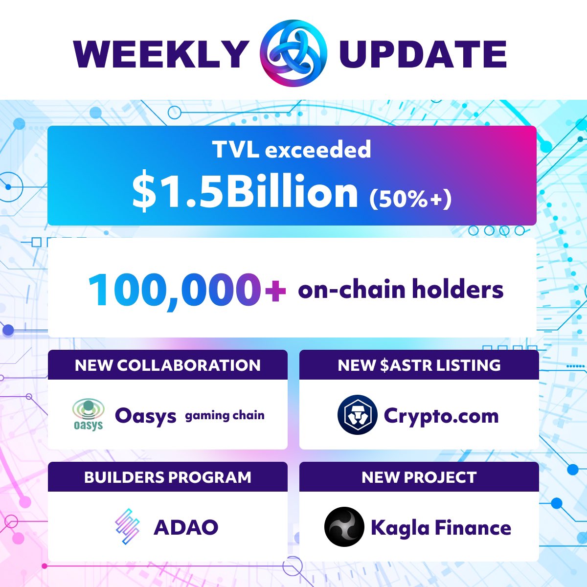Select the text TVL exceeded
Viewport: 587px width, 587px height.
click(292, 149)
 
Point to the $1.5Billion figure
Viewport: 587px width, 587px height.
click(245, 192)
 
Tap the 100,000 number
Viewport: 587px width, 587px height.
click(174, 290)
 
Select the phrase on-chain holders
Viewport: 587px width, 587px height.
click(401, 289)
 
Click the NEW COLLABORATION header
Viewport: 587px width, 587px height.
click(168, 365)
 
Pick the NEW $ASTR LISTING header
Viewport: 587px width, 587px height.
click(419, 365)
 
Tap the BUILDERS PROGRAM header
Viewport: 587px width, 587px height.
click(168, 477)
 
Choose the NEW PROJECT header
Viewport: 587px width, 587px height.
click(419, 477)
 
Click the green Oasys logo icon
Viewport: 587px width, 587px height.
click(88, 414)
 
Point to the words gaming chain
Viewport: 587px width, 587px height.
click(225, 416)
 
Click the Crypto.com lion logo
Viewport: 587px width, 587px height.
click(357, 415)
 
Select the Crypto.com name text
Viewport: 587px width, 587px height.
click(441, 416)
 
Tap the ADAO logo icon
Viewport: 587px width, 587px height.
click(127, 527)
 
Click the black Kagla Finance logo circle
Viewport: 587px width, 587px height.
click(344, 527)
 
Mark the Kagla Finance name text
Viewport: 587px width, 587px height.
click(441, 527)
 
